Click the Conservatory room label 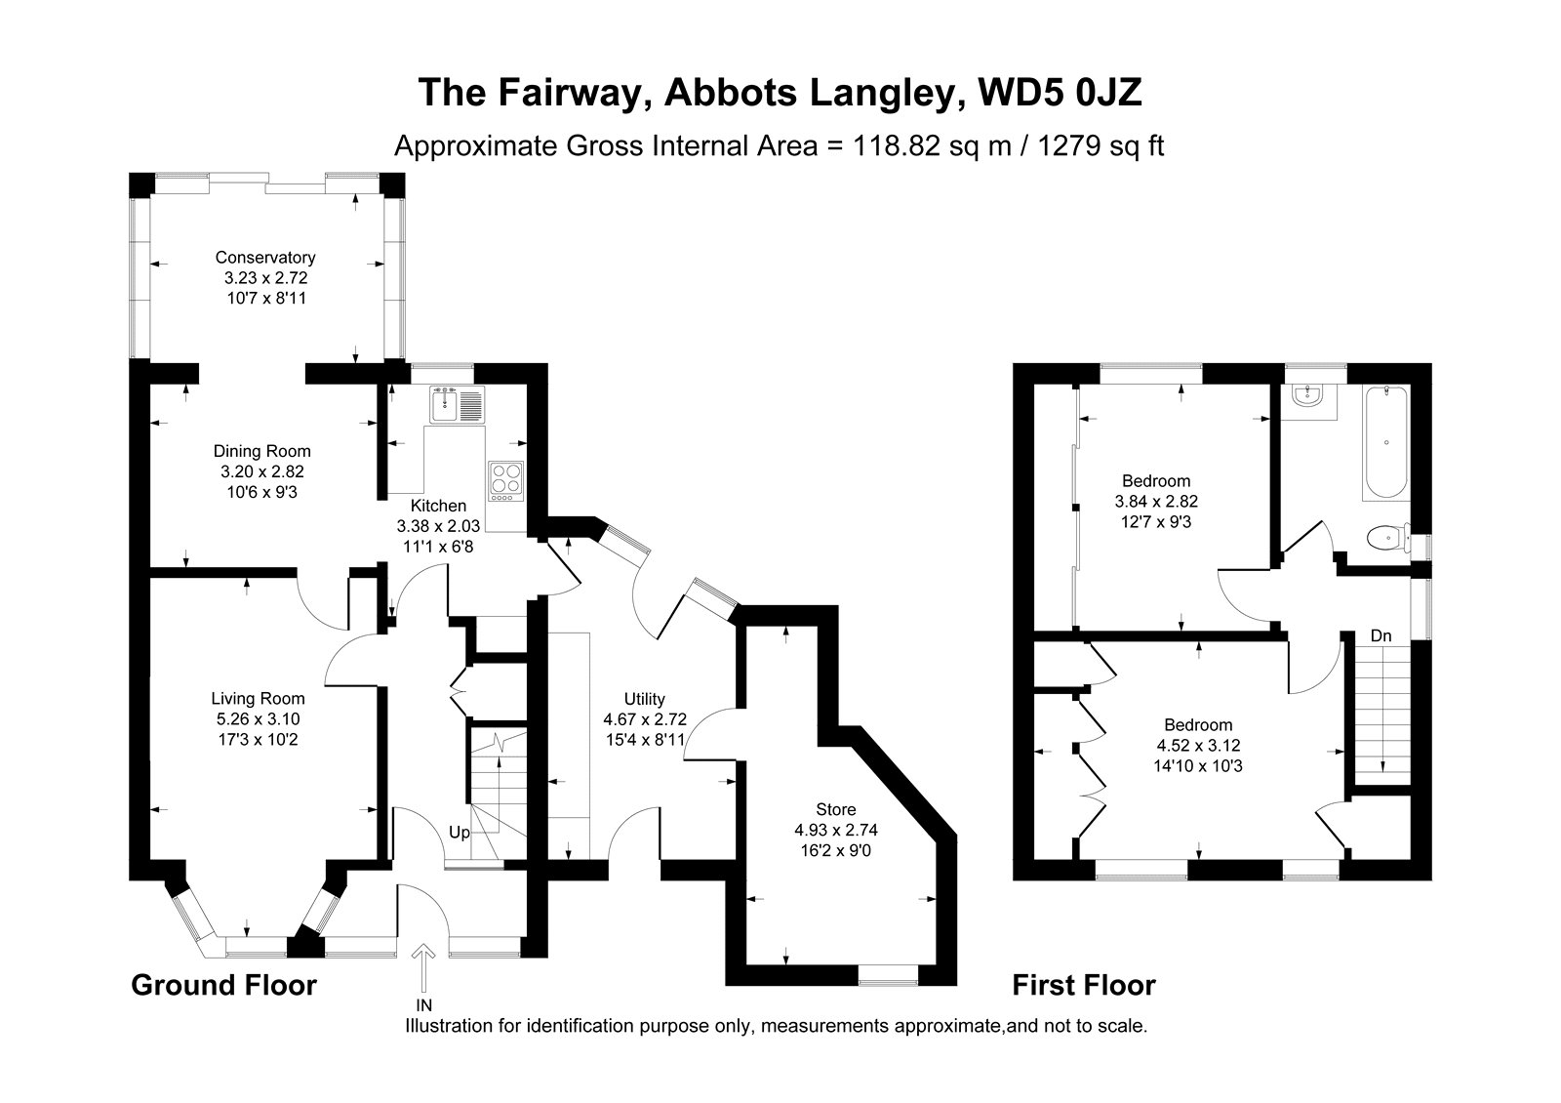click(x=264, y=258)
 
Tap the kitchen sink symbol click(x=458, y=404)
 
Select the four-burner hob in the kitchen click(x=506, y=480)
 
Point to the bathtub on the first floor click(x=1385, y=442)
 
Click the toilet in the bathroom click(x=1389, y=538)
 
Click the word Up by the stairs click(x=459, y=833)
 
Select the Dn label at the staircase click(x=1381, y=635)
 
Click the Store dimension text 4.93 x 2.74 click(x=835, y=830)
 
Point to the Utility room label click(x=644, y=699)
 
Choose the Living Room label click(x=258, y=698)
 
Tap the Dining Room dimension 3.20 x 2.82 click(x=262, y=471)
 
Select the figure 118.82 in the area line click(x=897, y=146)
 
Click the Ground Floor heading click(x=223, y=985)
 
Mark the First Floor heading click(x=1084, y=985)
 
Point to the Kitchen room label click(x=438, y=506)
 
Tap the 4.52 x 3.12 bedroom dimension click(x=1198, y=746)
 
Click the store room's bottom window click(x=888, y=975)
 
